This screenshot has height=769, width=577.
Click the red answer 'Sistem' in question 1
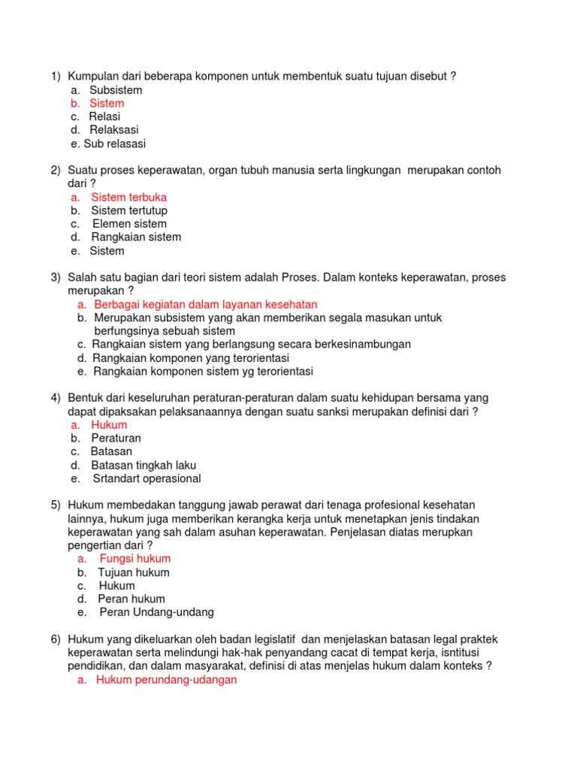[107, 103]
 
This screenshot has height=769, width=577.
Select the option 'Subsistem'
[116, 89]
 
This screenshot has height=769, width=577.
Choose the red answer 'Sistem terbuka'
[128, 197]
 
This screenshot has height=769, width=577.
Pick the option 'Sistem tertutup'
[129, 210]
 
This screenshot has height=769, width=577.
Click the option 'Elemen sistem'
[129, 224]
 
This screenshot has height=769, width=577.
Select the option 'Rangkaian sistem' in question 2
[136, 237]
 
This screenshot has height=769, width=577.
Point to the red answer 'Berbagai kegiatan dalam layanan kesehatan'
[206, 304]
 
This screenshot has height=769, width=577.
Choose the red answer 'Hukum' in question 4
[109, 424]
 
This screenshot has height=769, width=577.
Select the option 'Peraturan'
[116, 438]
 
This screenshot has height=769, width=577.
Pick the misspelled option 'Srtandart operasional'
[147, 478]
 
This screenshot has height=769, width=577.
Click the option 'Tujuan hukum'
[134, 572]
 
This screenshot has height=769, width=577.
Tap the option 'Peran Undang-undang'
[156, 612]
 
